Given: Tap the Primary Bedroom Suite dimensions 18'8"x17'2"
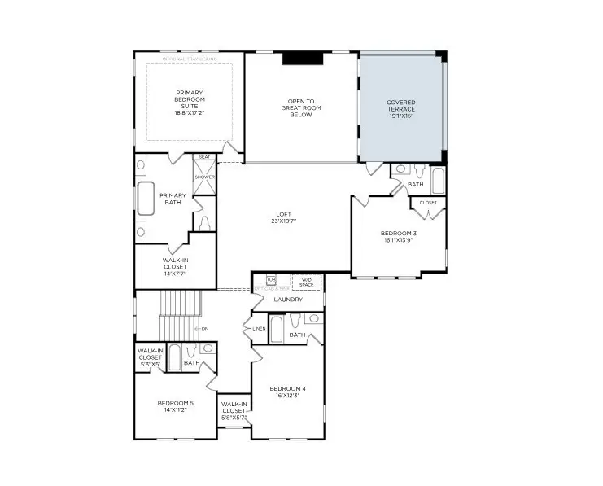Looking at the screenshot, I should tap(189, 112).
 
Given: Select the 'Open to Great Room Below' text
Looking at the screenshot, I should tap(301, 108).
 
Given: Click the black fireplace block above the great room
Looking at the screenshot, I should tap(303, 58).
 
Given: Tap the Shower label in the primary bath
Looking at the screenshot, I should tap(204, 177).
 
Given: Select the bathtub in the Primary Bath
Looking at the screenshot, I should tap(146, 199).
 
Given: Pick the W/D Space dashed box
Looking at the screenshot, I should tap(307, 282).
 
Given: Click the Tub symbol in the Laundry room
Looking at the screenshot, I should tap(271, 280).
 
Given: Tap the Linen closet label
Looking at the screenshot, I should tap(259, 329).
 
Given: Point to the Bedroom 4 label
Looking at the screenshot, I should tap(287, 388).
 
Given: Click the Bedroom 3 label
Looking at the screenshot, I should tap(398, 234).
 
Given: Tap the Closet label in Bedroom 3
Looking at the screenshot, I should tap(428, 202).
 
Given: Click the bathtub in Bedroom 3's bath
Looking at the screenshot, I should tap(438, 180).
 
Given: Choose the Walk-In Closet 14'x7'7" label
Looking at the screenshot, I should tap(175, 266).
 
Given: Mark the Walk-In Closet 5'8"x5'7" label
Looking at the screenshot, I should tap(234, 409).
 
